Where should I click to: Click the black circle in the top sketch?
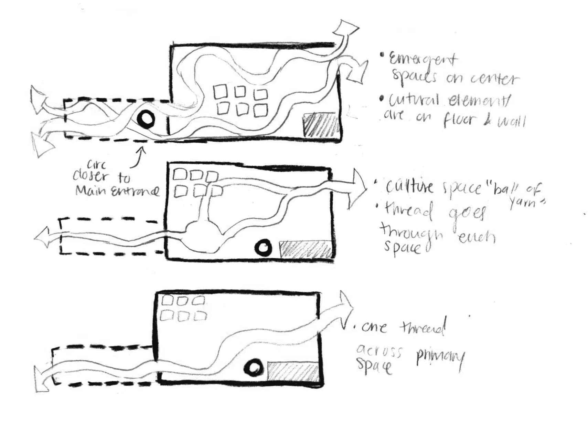pyautogui.click(x=146, y=119)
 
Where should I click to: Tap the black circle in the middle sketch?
pyautogui.click(x=263, y=248)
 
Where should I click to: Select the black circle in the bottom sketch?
pyautogui.click(x=254, y=369)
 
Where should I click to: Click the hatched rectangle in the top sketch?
pyautogui.click(x=320, y=125)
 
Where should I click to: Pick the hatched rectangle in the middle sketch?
pyautogui.click(x=306, y=249)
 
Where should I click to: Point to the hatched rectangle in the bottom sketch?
pyautogui.click(x=293, y=372)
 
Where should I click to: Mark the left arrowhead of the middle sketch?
pyautogui.click(x=43, y=238)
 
